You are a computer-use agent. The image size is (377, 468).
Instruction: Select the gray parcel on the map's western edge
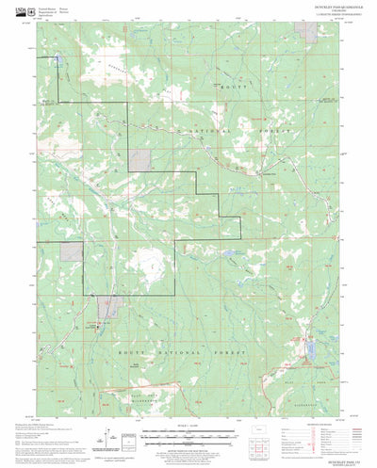71,251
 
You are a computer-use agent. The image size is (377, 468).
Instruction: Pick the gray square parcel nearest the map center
139,161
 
